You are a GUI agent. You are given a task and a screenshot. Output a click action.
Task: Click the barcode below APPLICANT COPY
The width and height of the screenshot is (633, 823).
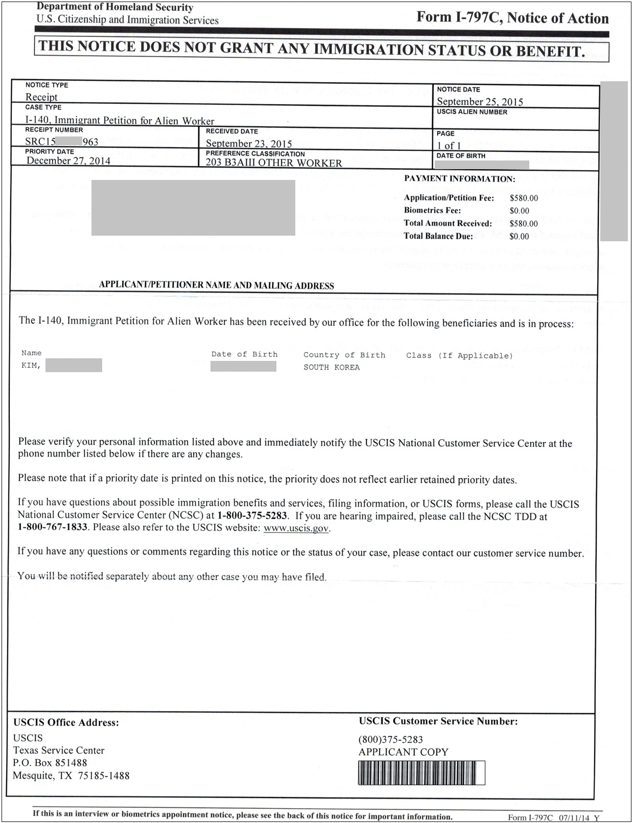421,772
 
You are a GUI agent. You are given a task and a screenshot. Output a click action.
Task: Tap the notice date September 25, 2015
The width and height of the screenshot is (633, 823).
480,101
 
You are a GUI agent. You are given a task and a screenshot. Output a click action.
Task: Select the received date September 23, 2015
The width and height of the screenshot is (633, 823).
249,144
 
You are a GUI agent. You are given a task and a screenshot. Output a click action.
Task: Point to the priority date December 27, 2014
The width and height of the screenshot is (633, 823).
68,161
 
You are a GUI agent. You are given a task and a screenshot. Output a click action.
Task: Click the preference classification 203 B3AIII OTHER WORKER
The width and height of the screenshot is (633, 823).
274,163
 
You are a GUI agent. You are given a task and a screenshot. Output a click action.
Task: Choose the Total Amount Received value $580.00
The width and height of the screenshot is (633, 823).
524,223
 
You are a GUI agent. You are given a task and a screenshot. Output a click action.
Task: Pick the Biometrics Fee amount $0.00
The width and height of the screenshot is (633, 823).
519,211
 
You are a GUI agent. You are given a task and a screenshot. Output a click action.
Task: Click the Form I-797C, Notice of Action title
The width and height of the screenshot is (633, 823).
512,18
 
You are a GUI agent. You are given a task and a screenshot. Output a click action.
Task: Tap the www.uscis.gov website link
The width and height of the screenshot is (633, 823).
296,528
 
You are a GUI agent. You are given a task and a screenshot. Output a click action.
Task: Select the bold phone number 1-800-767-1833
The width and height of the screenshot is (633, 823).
53,527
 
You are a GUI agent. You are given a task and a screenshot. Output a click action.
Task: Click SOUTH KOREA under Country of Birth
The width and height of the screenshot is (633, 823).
332,368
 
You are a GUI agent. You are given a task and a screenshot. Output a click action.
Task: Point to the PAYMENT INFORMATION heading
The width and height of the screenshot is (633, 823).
459,179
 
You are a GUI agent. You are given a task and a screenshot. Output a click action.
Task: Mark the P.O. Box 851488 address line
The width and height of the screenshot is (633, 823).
50,763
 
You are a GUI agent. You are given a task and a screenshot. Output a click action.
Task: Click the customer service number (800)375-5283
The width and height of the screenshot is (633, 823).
391,739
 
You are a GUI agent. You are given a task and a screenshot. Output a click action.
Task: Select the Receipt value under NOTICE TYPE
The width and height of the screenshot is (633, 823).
41,97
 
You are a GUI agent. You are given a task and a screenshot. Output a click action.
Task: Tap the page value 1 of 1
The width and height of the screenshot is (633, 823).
449,146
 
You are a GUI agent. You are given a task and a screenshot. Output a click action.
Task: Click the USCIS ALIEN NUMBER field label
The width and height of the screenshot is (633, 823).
472,112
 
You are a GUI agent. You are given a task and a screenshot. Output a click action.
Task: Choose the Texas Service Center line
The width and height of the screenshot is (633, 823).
59,750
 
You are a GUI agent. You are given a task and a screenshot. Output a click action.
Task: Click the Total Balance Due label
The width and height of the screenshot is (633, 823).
438,236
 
